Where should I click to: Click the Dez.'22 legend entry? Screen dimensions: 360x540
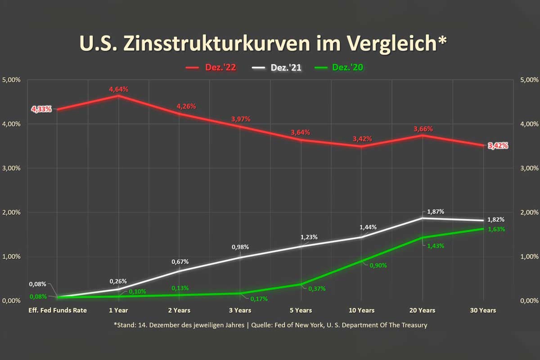pos(211,67)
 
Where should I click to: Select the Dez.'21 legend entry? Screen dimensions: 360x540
pos(276,67)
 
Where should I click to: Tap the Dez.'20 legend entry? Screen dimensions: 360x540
pos(341,67)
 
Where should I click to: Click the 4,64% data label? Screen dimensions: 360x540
pos(118,90)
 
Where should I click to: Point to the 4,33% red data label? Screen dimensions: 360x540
pos(41,109)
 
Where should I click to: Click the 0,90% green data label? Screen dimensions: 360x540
pos(378,265)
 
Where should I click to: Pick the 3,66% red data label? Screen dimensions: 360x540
pos(423,129)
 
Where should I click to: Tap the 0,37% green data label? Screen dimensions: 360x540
pos(317,288)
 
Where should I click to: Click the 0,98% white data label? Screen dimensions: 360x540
pos(240,247)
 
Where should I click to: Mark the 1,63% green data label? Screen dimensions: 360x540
pos(496,229)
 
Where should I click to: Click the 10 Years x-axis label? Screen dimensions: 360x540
pos(361,310)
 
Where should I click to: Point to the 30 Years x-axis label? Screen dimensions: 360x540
pos(483,310)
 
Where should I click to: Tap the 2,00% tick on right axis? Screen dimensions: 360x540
pos(529,212)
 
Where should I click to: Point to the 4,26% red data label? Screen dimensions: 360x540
pos(186,107)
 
